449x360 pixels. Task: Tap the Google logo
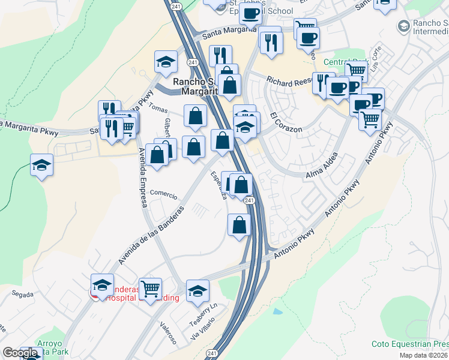click(20, 353)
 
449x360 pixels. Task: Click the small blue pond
click(277, 311)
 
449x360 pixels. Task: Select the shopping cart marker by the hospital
click(150, 289)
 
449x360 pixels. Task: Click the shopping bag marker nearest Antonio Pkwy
click(239, 225)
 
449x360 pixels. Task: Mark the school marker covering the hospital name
click(103, 284)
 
